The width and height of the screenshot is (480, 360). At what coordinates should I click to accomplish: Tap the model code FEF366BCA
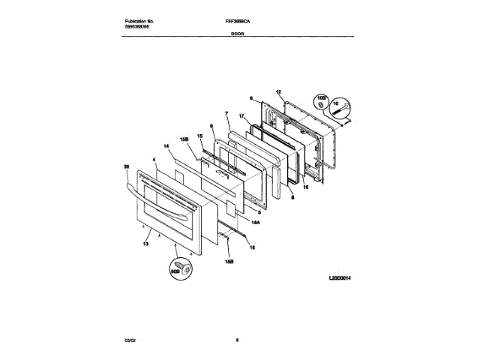[x=238, y=22]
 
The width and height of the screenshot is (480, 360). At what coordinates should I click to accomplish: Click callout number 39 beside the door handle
[x=126, y=169]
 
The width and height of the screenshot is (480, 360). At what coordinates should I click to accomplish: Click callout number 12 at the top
[x=278, y=92]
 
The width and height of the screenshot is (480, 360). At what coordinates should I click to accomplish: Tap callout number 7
[x=226, y=112]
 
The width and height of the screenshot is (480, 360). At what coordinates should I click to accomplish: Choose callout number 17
[x=241, y=116]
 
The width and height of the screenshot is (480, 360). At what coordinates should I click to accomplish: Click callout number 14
[x=166, y=147]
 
